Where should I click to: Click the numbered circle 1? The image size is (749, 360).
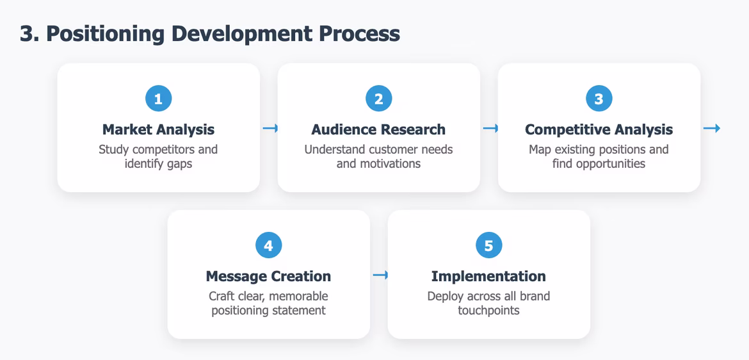[159, 99]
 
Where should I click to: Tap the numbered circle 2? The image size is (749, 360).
[379, 99]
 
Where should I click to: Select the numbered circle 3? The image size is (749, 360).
[599, 99]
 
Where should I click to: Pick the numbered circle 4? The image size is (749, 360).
[269, 245]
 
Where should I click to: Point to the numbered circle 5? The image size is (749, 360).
[489, 245]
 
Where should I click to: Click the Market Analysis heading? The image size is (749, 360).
[159, 129]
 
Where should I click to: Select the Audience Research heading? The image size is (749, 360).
[378, 129]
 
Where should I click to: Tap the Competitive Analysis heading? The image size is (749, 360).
[599, 129]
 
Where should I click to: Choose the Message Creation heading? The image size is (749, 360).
[268, 276]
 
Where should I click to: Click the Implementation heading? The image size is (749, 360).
[488, 276]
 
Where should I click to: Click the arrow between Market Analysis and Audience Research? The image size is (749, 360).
[270, 129]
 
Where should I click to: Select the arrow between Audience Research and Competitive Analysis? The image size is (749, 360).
[490, 129]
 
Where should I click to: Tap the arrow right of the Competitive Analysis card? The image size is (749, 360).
[711, 129]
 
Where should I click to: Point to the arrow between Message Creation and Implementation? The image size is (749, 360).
[380, 275]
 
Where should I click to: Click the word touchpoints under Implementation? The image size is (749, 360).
[488, 311]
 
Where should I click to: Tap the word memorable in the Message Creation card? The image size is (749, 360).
[298, 296]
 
